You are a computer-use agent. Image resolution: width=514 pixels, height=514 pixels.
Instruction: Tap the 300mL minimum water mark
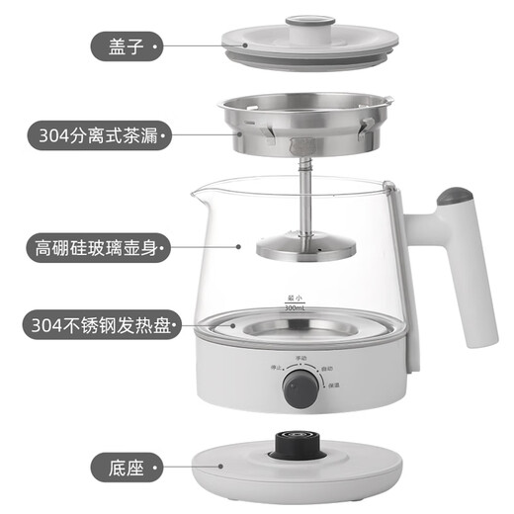(x=295, y=308)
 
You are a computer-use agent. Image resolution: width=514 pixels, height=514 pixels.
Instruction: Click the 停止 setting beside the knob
(x=266, y=368)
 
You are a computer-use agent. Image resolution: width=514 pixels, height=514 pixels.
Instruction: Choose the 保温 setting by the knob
(x=334, y=384)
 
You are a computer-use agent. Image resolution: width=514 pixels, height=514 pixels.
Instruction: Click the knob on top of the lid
(x=300, y=20)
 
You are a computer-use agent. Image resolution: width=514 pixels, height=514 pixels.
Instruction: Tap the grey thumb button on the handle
(x=452, y=196)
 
